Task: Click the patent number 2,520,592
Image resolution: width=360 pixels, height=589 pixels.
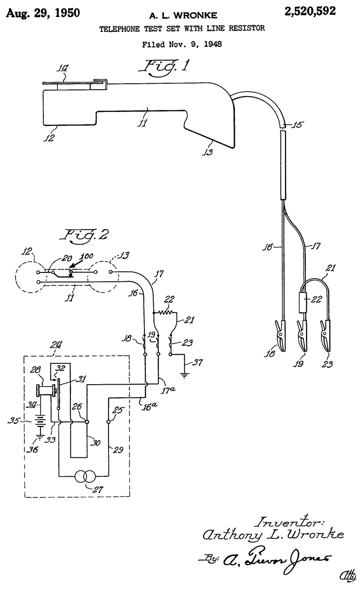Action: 310,12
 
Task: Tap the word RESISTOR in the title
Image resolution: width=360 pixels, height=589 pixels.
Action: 247,28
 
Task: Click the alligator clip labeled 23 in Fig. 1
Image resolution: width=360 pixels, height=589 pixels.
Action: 326,335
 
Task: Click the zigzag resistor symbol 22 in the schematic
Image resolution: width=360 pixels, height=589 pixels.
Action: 165,312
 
